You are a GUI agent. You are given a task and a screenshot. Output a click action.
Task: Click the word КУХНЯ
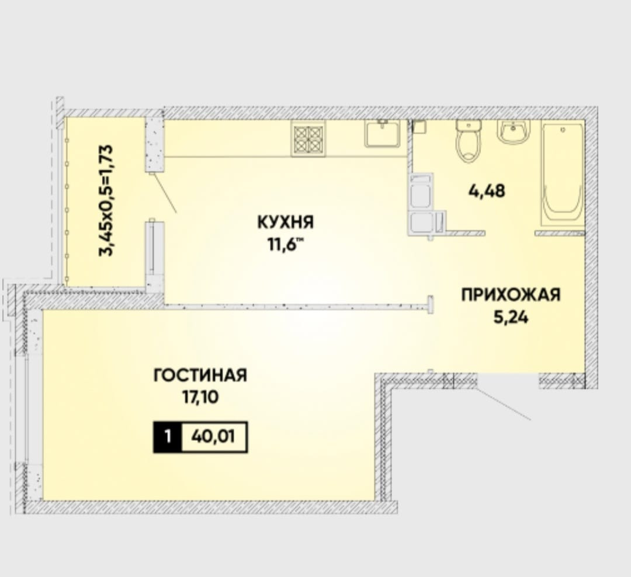[286, 222]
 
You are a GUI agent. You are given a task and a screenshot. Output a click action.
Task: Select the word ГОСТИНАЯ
[200, 376]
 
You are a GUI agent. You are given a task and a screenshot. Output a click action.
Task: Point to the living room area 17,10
[200, 398]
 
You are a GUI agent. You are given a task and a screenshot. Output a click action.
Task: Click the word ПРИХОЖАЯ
[511, 295]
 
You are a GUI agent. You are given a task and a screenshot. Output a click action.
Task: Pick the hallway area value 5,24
[511, 317]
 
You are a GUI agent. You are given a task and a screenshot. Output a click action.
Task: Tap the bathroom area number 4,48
[487, 191]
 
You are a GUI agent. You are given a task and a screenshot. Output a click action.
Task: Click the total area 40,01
[214, 437]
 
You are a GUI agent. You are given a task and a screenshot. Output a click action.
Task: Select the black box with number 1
[168, 437]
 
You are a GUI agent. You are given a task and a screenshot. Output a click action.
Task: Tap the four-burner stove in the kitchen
[308, 139]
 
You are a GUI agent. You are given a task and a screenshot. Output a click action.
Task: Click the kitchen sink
[383, 133]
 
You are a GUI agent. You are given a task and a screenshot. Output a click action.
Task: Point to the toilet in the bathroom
[469, 141]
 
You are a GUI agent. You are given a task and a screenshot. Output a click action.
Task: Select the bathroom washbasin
[514, 131]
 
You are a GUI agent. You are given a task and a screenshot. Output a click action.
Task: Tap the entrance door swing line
[503, 404]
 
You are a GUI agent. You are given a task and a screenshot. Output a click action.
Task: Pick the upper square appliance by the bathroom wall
[421, 192]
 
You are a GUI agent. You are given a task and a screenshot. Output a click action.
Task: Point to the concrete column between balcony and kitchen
[154, 145]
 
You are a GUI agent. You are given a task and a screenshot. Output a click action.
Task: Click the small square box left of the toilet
[419, 127]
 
